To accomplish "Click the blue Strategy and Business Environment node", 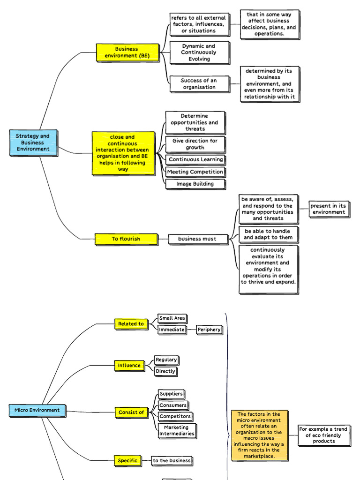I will tap(33, 142).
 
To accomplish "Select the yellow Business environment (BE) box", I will tap(127, 52).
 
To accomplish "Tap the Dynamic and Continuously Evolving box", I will tap(199, 52).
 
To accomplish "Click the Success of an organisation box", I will tap(199, 84).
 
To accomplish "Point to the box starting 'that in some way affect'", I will tap(269, 24).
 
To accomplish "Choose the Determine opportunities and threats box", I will tap(195, 122).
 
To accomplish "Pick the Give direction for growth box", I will tap(195, 144).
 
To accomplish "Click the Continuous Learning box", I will tap(195, 160).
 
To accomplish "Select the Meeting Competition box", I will tap(195, 172).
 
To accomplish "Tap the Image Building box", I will tap(195, 184).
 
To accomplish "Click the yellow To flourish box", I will tap(126, 239).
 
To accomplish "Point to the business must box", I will tap(197, 239).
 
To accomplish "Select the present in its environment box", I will tap(329, 209).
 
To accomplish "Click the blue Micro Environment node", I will tap(37, 411).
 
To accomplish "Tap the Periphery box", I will tap(209, 330).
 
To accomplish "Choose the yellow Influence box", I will tap(129, 366).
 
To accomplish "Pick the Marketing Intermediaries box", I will tap(176, 431).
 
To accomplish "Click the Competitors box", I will tap(175, 416).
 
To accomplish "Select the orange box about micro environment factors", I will tap(259, 435).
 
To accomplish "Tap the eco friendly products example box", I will tap(323, 435).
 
